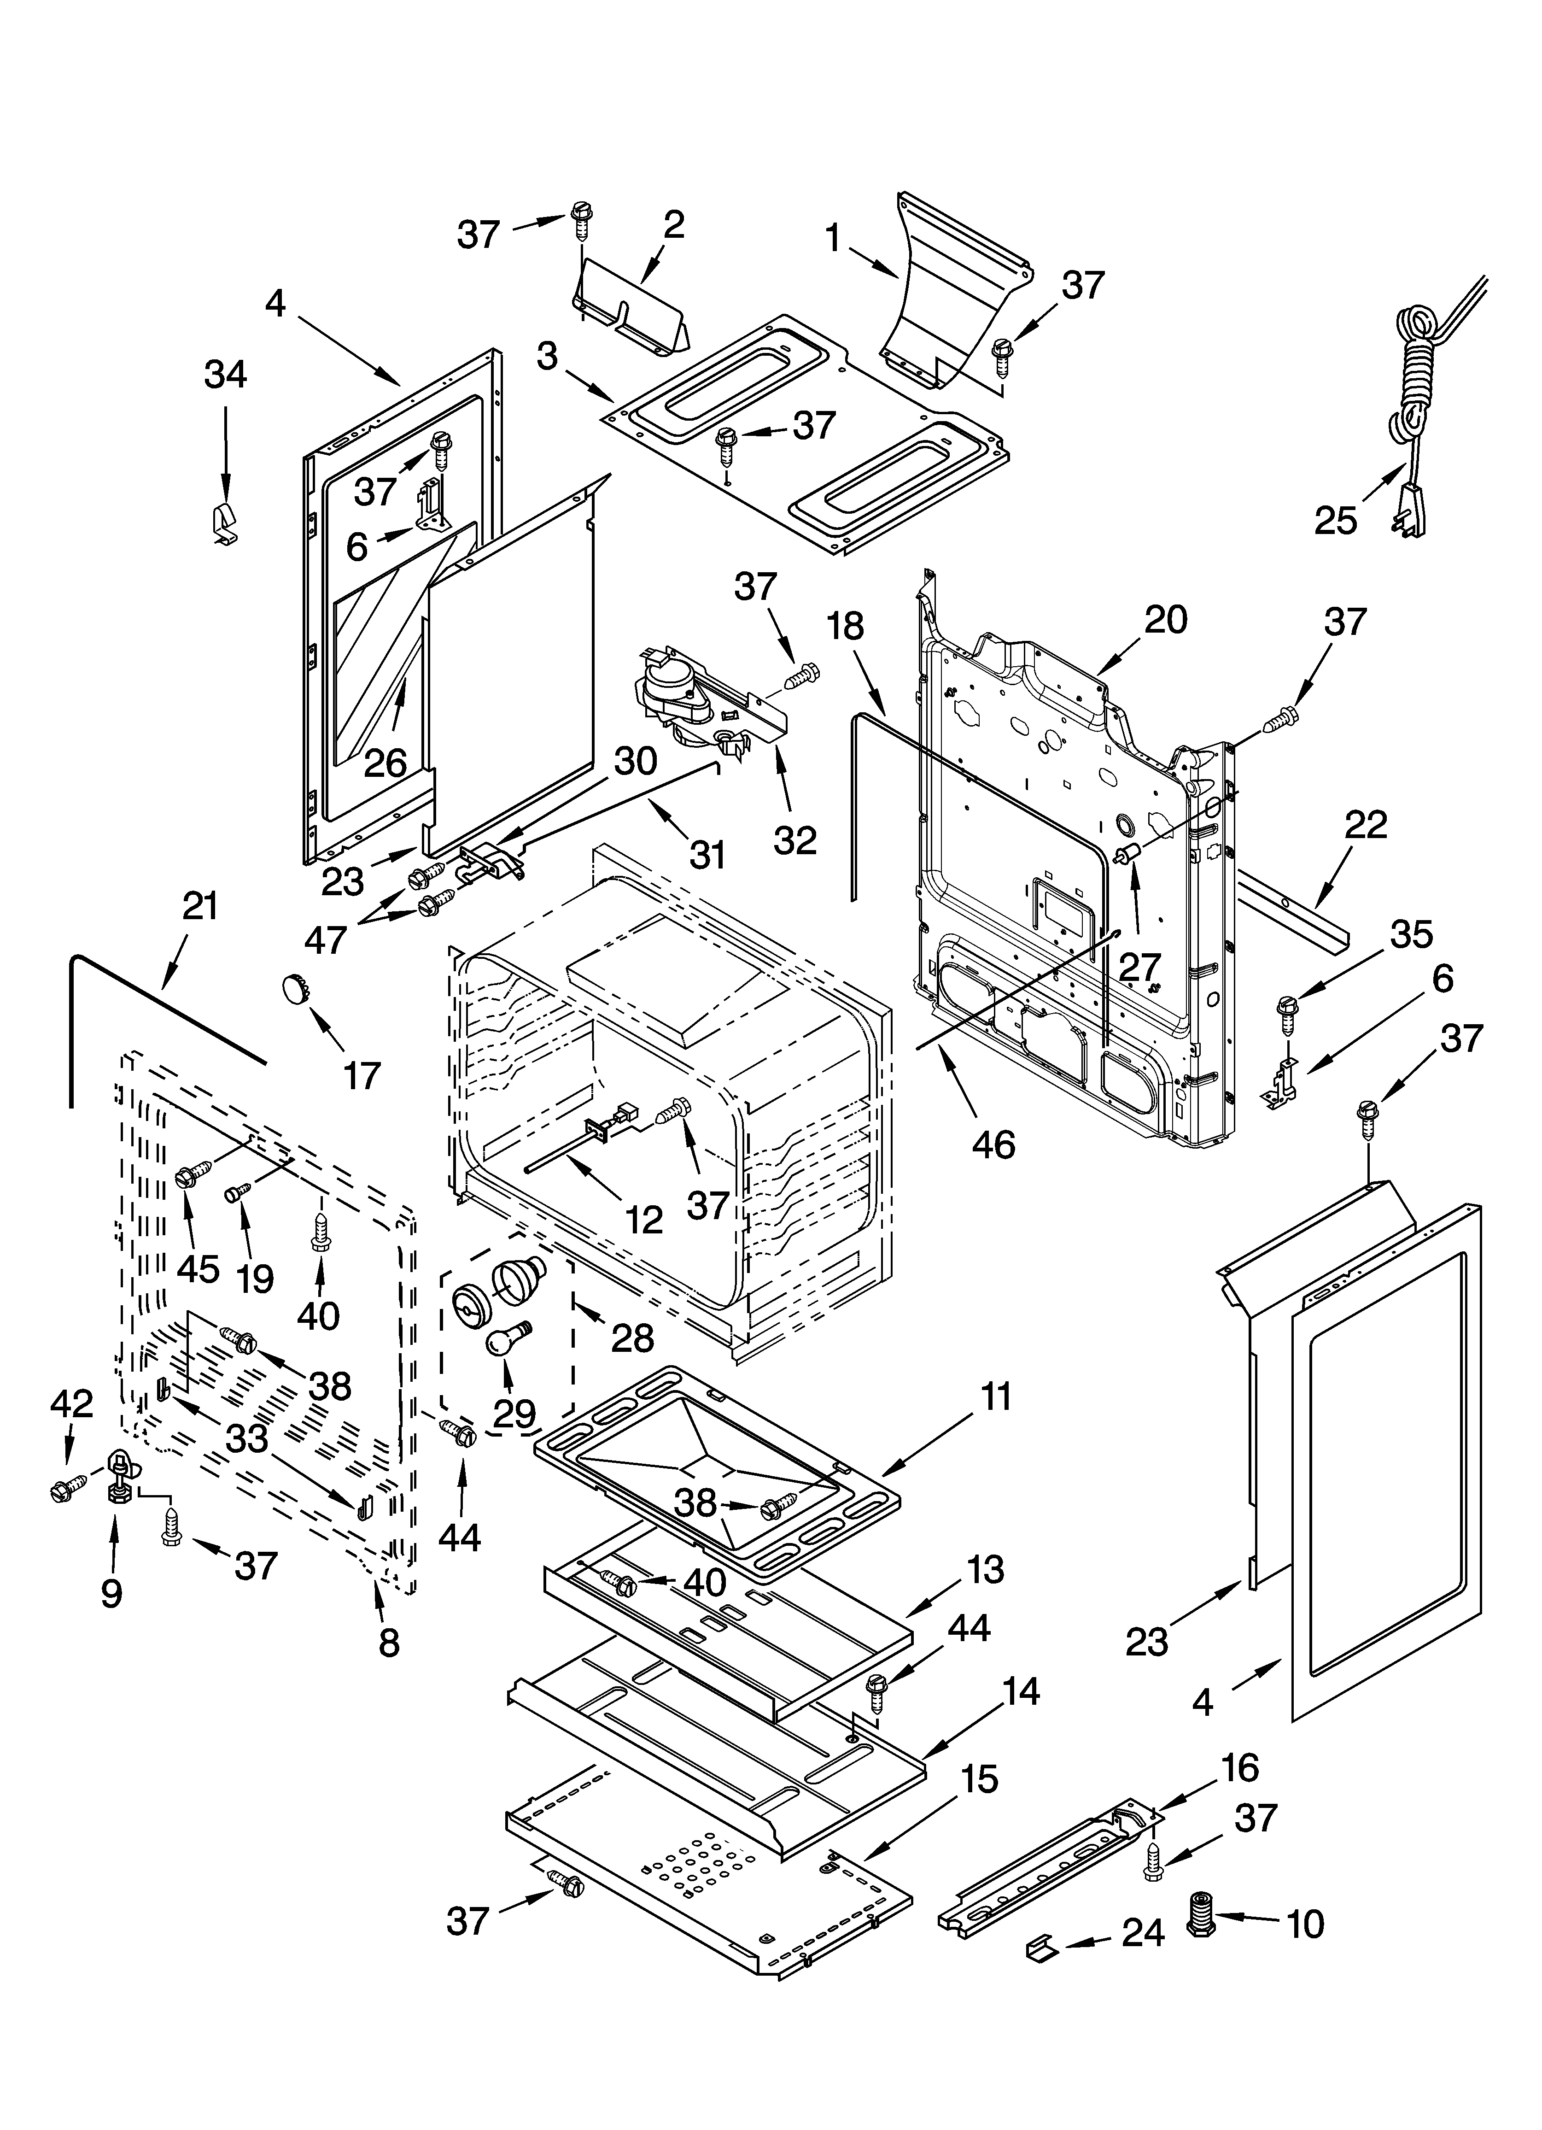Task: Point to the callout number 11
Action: (995, 1397)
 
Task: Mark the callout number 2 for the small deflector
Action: (673, 224)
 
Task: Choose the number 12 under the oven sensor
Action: (643, 1219)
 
